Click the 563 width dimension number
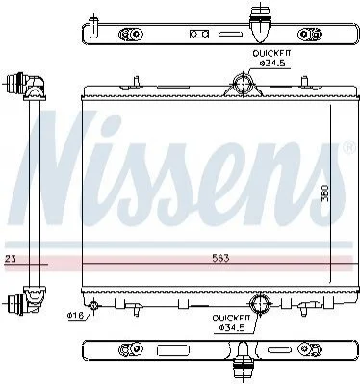(x=220, y=258)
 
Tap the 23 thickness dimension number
(x=11, y=258)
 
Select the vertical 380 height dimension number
(x=325, y=192)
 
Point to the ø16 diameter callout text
(x=75, y=316)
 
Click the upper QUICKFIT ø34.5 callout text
(x=271, y=58)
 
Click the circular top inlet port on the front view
(x=243, y=84)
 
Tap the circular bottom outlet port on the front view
(x=260, y=302)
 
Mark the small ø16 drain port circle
(x=93, y=305)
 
